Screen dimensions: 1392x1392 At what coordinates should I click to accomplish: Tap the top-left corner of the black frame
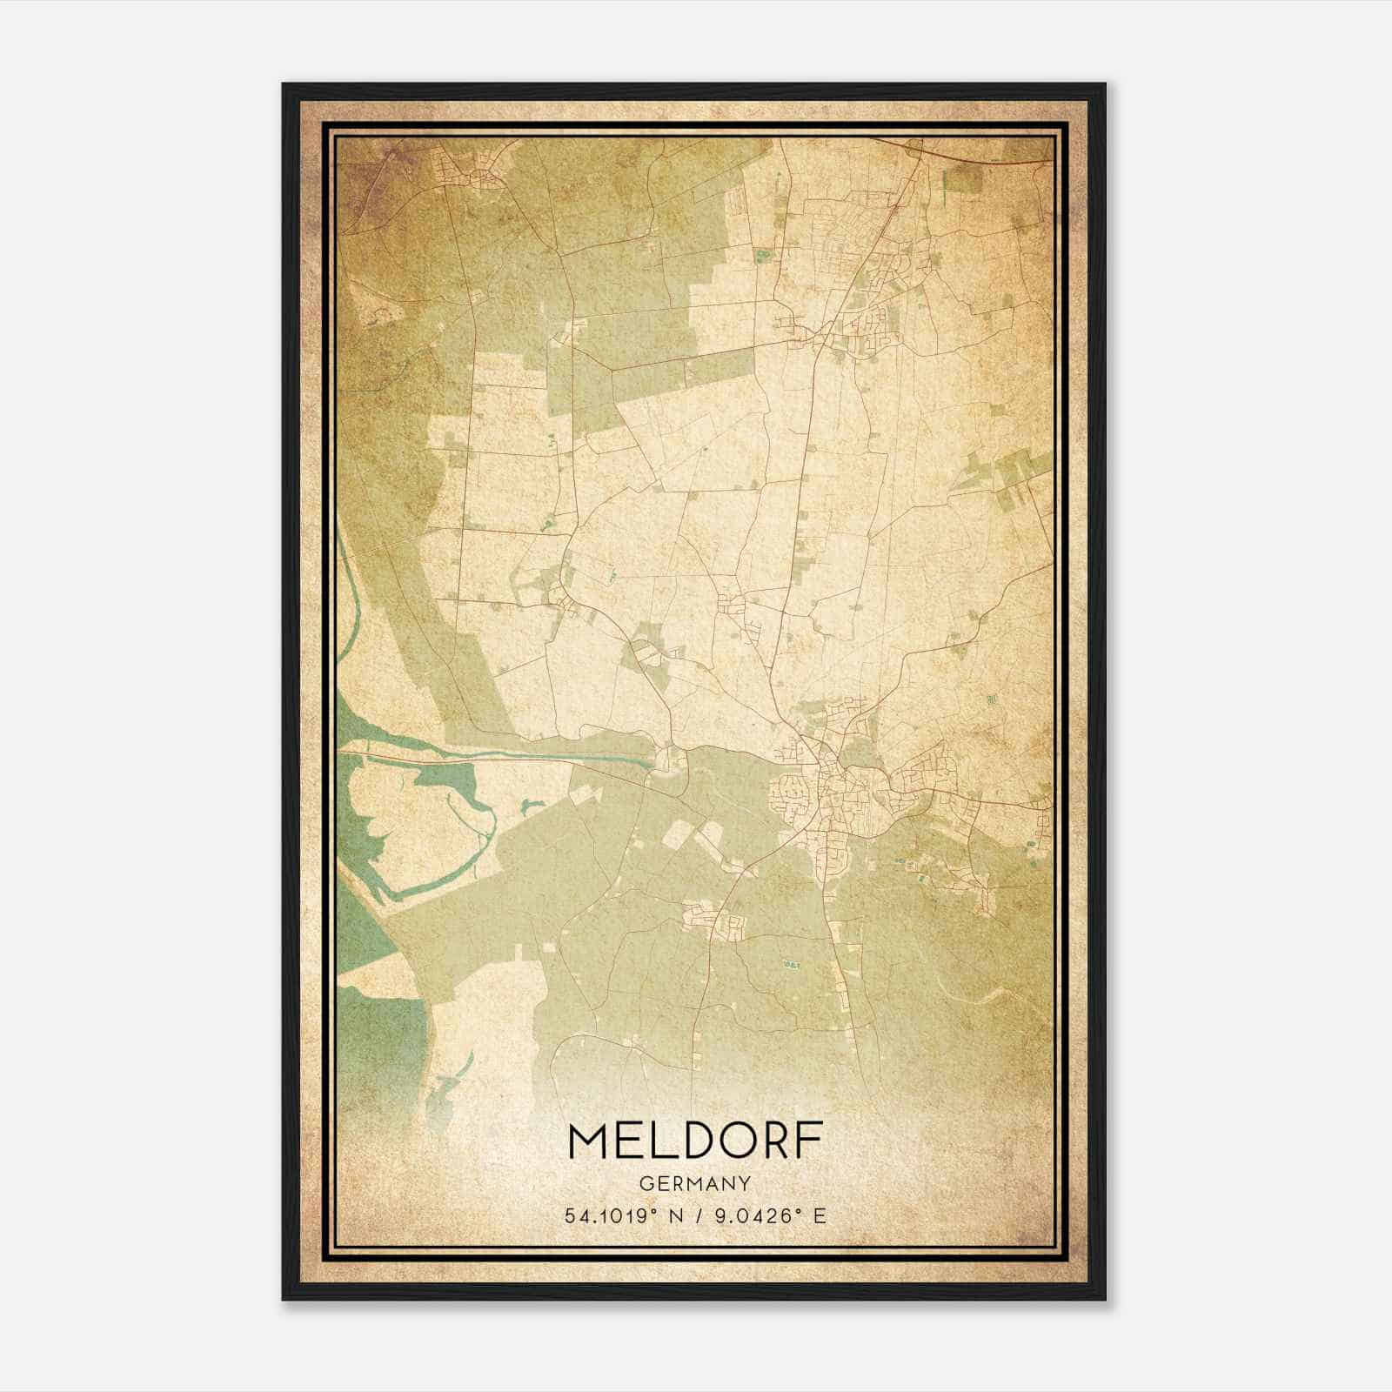coord(284,85)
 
